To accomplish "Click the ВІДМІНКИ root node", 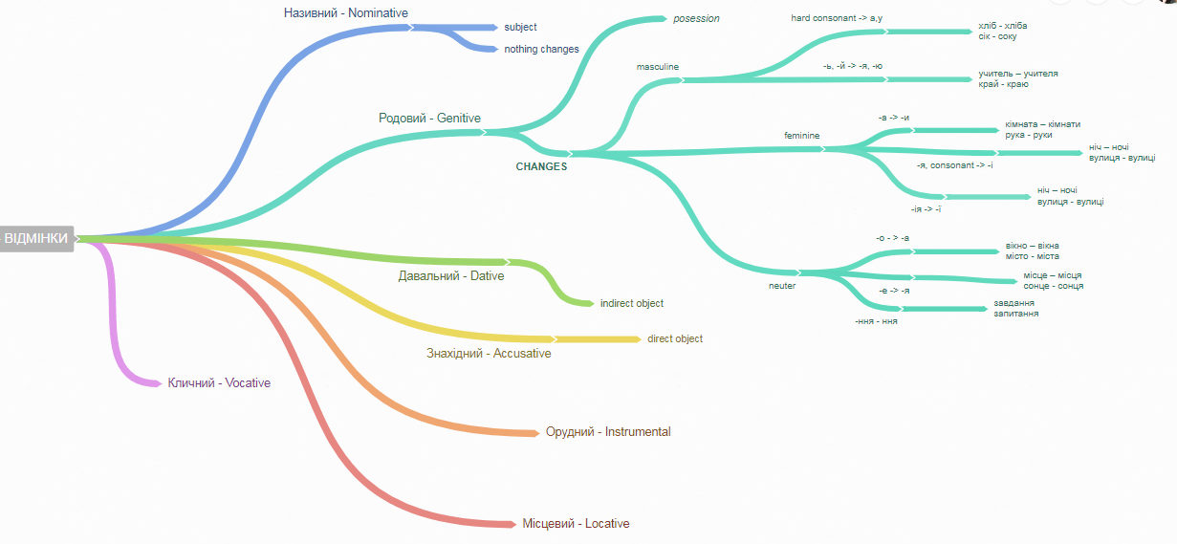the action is [36, 239].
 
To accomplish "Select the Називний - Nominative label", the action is [346, 13].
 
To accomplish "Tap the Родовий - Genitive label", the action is [429, 118].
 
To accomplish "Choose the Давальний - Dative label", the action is [451, 276].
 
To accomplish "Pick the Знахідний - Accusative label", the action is [489, 353].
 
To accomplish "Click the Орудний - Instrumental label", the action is [608, 432].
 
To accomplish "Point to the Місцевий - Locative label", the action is [576, 524].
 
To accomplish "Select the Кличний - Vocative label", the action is [219, 382].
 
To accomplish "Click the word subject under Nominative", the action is [520, 27].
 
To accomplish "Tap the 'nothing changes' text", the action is [541, 49].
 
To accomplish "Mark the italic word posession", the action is [696, 18].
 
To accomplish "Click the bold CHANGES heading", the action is [541, 166].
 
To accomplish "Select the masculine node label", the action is [657, 67].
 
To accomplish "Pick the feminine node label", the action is [802, 136].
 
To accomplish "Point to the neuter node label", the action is [782, 286].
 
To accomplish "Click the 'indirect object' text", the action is [632, 303].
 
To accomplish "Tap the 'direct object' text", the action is [675, 339].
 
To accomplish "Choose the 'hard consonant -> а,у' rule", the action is [837, 18].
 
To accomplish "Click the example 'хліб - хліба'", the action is [1003, 26].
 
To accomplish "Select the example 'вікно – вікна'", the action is [1032, 246].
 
